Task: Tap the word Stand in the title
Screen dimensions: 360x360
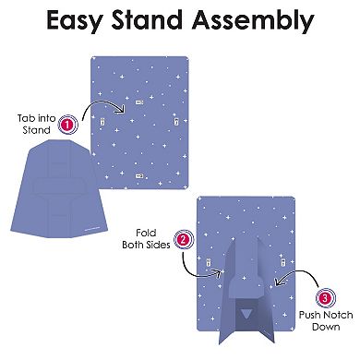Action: point(147,19)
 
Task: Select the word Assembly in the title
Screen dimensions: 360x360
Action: point(253,20)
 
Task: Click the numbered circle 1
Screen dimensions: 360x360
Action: point(68,125)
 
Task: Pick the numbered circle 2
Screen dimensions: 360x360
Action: point(184,240)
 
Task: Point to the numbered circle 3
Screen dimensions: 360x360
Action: point(326,297)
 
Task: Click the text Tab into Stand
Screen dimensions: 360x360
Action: point(36,124)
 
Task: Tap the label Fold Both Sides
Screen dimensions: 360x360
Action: point(146,239)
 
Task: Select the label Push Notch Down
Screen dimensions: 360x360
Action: point(326,320)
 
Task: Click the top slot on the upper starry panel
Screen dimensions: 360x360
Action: point(139,102)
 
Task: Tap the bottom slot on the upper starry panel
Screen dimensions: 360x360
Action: point(139,176)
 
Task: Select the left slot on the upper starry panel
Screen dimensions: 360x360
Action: point(102,122)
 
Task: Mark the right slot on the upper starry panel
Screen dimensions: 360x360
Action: point(176,122)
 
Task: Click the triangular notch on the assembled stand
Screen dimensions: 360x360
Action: point(246,315)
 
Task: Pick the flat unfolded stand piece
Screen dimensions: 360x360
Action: point(59,188)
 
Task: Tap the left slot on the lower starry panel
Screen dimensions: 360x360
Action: point(209,263)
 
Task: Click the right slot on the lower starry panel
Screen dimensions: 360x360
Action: point(282,263)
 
